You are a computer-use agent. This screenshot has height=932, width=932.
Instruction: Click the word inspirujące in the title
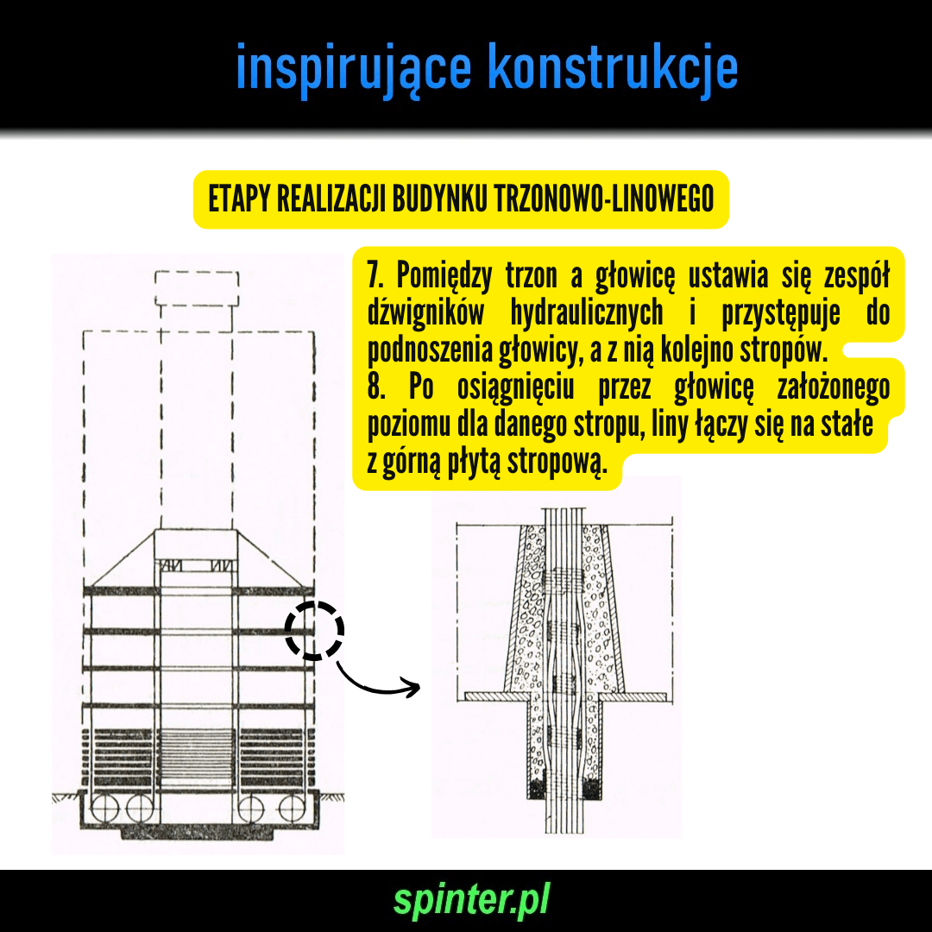(354, 68)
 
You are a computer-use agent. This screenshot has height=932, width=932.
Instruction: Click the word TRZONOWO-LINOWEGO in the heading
(604, 198)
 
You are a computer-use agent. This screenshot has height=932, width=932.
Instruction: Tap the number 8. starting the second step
(376, 387)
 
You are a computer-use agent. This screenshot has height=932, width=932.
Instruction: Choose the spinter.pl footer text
(471, 900)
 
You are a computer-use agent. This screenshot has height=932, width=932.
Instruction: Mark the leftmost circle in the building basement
(105, 809)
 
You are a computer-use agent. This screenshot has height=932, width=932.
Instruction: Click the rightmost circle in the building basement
(293, 809)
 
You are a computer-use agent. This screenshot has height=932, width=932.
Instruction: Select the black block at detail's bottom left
(538, 790)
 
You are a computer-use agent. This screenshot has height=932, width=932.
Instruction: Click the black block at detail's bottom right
(592, 790)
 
